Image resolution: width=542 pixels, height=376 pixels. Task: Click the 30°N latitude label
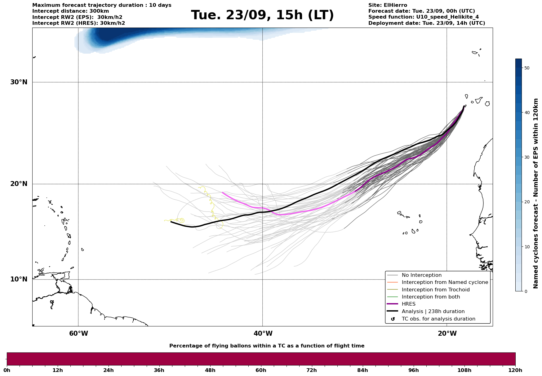(x=19, y=82)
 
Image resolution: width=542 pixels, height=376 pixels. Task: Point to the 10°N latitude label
(x=19, y=279)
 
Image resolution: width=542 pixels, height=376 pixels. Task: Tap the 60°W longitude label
(x=78, y=334)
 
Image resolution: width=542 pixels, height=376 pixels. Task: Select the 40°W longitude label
(x=263, y=334)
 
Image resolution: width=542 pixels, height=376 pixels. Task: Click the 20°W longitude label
(x=447, y=334)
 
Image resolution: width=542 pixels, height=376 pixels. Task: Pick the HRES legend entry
(x=408, y=304)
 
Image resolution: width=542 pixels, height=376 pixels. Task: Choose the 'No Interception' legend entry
(x=421, y=275)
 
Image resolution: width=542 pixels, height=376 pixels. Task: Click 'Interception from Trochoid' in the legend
(x=435, y=290)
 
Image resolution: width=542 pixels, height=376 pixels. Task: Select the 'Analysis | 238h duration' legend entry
(x=433, y=312)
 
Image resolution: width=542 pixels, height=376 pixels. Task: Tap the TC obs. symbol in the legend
(x=393, y=319)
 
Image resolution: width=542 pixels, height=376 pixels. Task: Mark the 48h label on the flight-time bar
(x=210, y=370)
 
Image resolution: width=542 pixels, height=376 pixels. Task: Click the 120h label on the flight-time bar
(x=515, y=370)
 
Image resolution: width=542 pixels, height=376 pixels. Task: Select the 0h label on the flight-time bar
(x=7, y=370)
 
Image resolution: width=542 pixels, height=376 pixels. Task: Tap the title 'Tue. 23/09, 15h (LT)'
(x=262, y=15)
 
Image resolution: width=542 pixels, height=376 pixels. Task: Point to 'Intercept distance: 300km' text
(x=70, y=11)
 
